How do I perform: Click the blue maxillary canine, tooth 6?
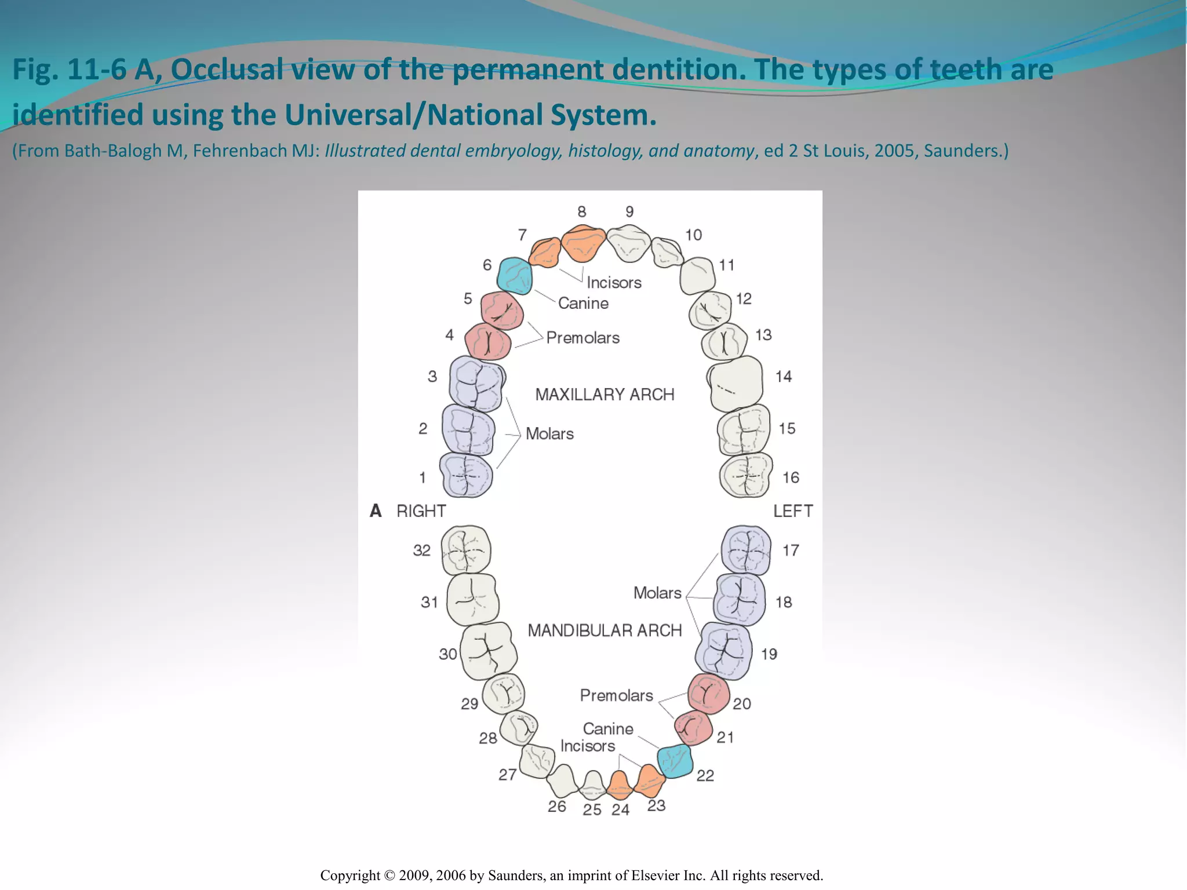click(515, 276)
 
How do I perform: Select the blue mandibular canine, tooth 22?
click(675, 761)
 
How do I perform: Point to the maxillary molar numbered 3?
click(477, 384)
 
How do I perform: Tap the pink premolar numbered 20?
click(709, 694)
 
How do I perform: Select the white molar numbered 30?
click(489, 651)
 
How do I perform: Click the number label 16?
click(791, 477)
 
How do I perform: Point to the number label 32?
click(421, 550)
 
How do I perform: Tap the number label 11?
click(727, 265)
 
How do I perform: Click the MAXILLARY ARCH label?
click(605, 395)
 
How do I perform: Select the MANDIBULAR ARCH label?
click(605, 630)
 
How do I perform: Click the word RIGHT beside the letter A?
click(421, 511)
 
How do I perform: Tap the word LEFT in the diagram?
click(793, 511)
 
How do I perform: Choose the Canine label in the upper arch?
click(583, 303)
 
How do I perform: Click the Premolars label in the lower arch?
click(616, 695)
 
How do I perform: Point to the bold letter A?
click(376, 510)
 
